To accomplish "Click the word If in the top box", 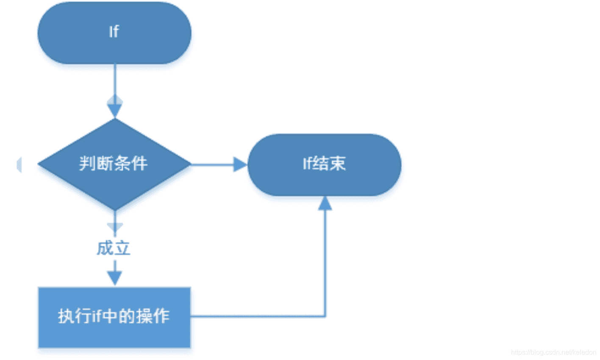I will pos(114,32).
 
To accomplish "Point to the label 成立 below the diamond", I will pos(113,248).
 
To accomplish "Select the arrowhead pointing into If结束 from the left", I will pos(240,164).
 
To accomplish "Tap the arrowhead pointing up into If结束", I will pos(325,203).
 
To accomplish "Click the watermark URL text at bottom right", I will pos(553,352).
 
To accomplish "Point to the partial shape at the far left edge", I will pos(19,165).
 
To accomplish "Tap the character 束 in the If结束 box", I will pos(338,163).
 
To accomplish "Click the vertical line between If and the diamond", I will pos(114,80).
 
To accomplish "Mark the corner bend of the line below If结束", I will pos(325,316).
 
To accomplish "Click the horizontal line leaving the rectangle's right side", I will pos(254,316).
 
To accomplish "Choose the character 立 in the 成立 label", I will pos(122,248).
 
